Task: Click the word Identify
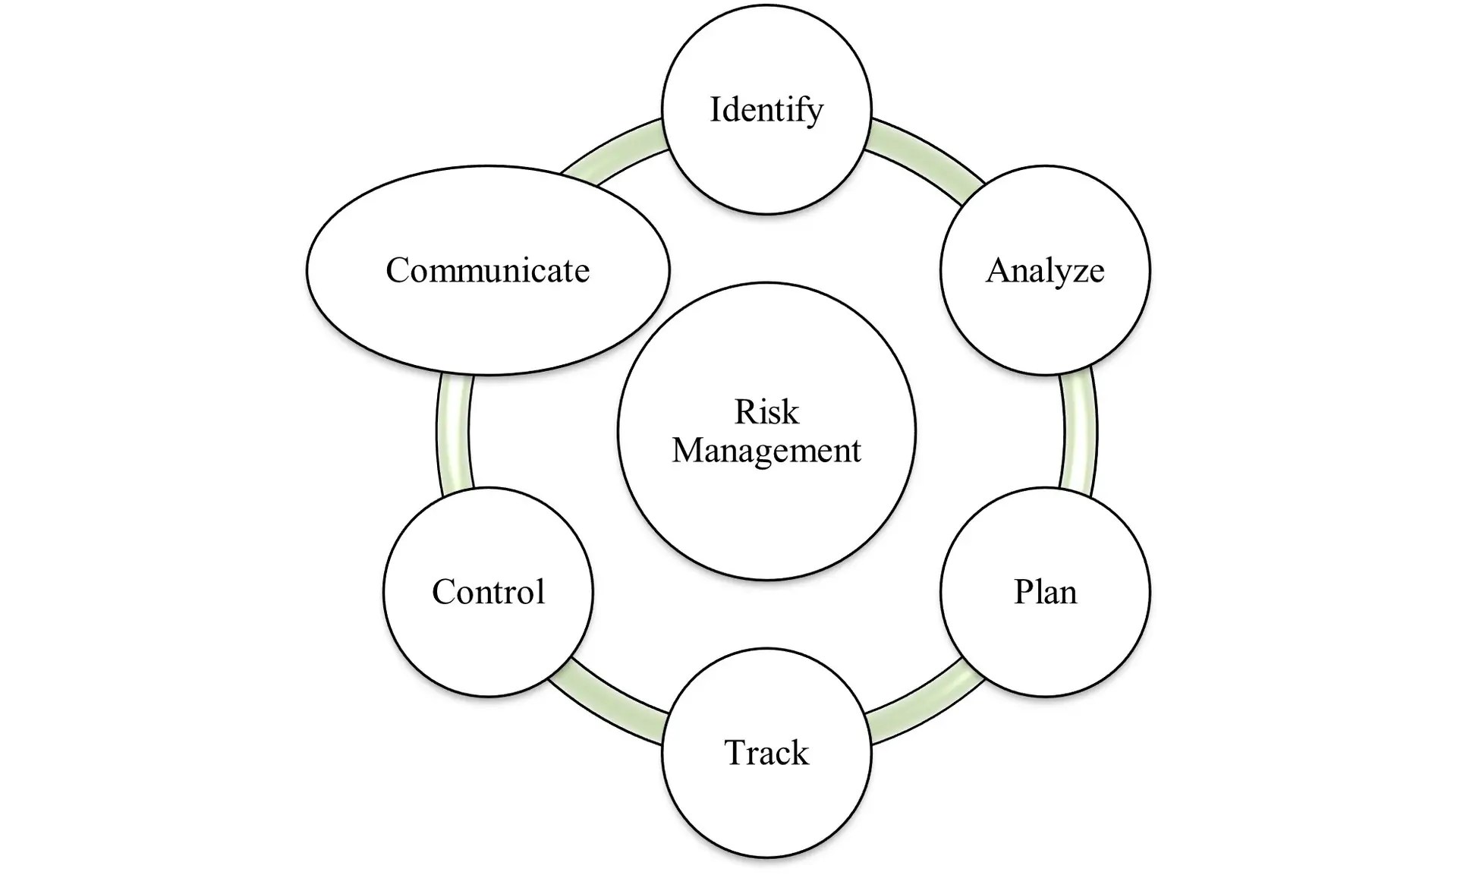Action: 766,110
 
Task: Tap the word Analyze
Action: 1045,271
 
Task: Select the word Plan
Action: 1045,592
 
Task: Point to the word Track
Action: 766,753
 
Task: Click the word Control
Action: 488,592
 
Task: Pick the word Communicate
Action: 487,271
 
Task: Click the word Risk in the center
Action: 766,412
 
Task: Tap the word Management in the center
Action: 766,451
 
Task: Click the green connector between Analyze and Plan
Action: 1079,431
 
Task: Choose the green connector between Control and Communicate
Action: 454,431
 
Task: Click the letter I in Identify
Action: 714,109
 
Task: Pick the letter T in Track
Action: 736,753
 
